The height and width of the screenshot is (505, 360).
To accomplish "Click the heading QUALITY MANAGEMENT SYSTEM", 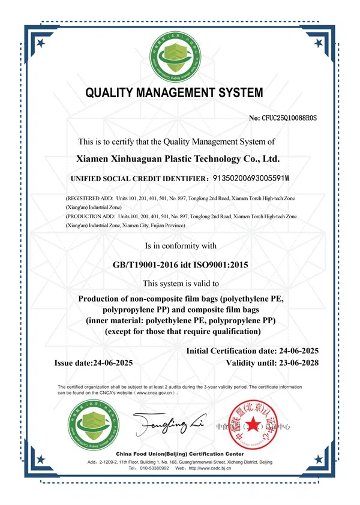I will (x=174, y=93).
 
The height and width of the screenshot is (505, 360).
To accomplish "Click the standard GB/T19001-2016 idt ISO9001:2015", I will (x=180, y=264).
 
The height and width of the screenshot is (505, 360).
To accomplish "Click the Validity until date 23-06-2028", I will (x=297, y=363).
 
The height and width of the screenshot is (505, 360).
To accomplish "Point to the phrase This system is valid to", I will (x=180, y=283).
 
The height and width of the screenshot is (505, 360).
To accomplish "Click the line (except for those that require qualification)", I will (x=182, y=331).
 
